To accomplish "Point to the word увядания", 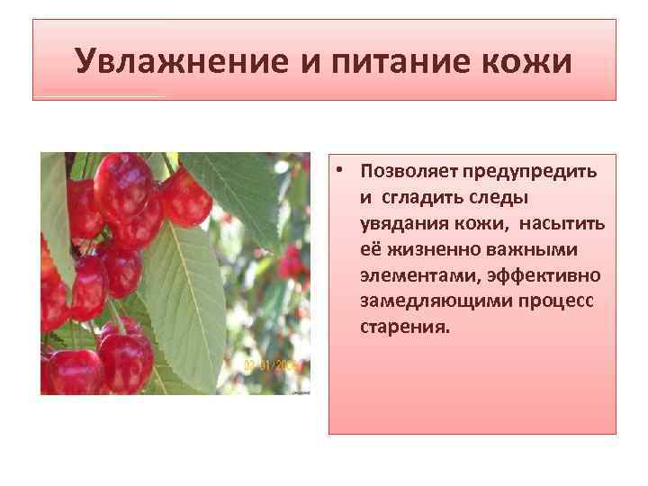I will tap(400, 222).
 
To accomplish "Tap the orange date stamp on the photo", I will tap(275, 366).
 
